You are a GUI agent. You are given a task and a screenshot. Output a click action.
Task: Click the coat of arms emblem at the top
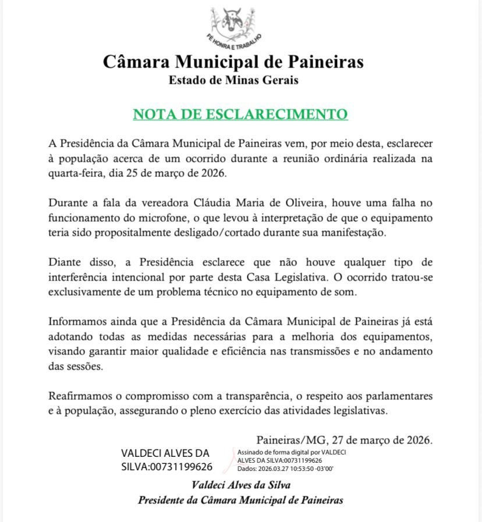233,22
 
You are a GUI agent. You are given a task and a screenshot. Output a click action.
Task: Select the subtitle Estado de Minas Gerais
233,80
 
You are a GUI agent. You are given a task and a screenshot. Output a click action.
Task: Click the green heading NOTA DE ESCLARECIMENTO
240,113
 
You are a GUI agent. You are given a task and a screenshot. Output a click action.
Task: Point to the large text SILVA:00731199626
166,467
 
